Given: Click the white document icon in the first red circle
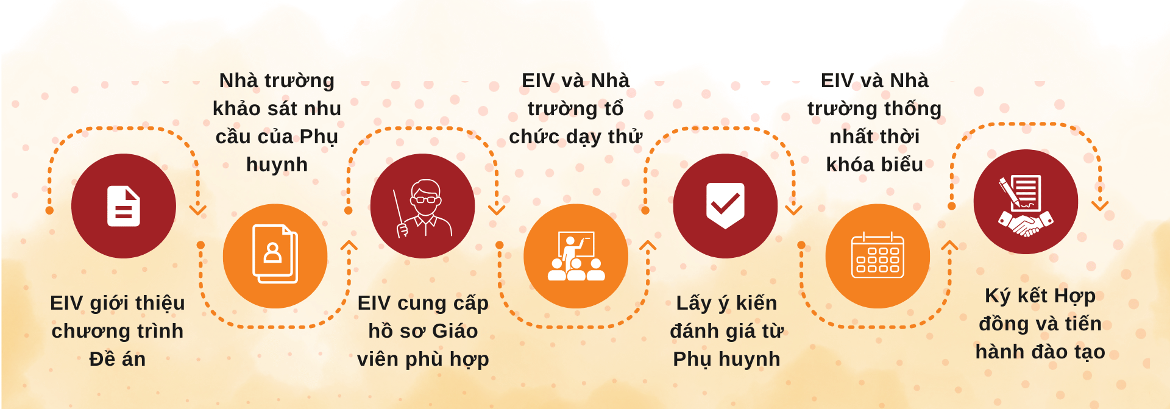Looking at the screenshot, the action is (124, 206).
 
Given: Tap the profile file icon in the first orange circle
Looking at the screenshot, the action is (275, 254).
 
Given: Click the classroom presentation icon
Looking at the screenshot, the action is (576, 256).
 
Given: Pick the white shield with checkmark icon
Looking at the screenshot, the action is (725, 205).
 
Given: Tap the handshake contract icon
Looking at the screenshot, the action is (1026, 206).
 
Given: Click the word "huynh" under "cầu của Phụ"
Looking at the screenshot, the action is (277, 165).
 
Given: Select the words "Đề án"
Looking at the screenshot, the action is (118, 359).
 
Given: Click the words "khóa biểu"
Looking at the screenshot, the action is (874, 165).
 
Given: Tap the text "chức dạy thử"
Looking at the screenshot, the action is (576, 137).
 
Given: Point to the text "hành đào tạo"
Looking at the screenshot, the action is (1040, 352).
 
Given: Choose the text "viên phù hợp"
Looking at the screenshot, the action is (423, 359).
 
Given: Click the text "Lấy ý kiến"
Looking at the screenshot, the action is (726, 303).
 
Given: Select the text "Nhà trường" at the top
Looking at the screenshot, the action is (277, 80).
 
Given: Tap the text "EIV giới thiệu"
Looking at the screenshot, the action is (118, 303).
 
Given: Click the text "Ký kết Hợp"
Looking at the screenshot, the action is (1040, 296).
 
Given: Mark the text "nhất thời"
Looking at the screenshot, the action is (874, 137).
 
